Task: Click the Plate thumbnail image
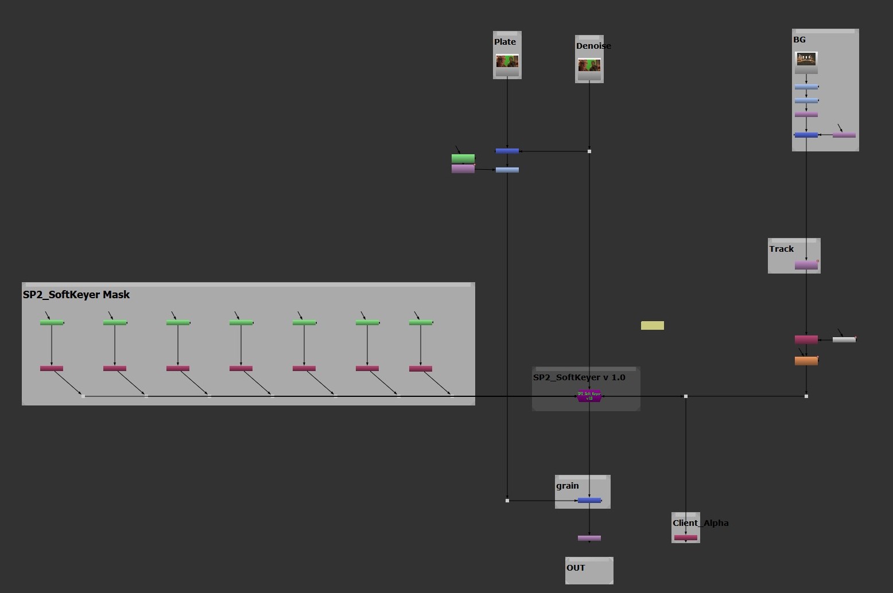pyautogui.click(x=507, y=61)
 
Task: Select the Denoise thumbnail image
pyautogui.click(x=589, y=65)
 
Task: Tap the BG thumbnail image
pyautogui.click(x=806, y=59)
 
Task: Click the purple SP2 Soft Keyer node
pyautogui.click(x=589, y=396)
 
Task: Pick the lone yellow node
pyautogui.click(x=653, y=326)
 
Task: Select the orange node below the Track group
pyautogui.click(x=806, y=361)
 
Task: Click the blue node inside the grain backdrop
pyautogui.click(x=589, y=501)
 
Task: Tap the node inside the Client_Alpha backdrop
pyautogui.click(x=686, y=538)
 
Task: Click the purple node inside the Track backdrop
pyautogui.click(x=806, y=266)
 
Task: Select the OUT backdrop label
pyautogui.click(x=576, y=568)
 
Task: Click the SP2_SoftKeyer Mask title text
pyautogui.click(x=76, y=295)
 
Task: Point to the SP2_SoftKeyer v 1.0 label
pyautogui.click(x=579, y=377)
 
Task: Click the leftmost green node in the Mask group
pyautogui.click(x=52, y=323)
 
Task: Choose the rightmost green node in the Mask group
pyautogui.click(x=421, y=323)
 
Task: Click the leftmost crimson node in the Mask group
pyautogui.click(x=52, y=369)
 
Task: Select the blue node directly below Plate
pyautogui.click(x=507, y=151)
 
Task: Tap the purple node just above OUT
pyautogui.click(x=589, y=539)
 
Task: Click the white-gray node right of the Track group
pyautogui.click(x=844, y=340)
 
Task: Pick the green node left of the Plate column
pyautogui.click(x=463, y=158)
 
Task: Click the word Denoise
pyautogui.click(x=593, y=46)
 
